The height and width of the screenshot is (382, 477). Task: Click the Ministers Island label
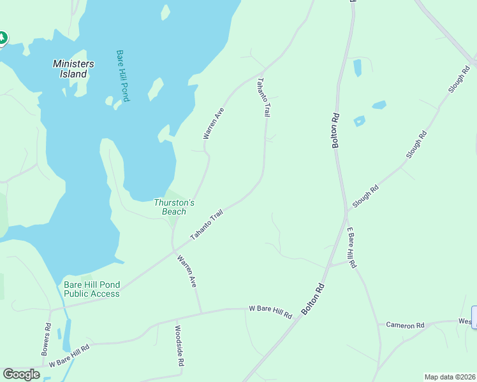[73, 69]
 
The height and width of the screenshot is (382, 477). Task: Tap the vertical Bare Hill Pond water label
[123, 76]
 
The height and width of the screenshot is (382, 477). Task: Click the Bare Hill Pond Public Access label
[91, 289]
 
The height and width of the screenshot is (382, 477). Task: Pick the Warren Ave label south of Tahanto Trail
[187, 271]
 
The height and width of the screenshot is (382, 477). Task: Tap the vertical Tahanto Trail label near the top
[263, 97]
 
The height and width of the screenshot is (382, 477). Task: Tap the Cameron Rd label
[405, 325]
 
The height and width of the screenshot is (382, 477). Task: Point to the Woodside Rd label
[179, 346]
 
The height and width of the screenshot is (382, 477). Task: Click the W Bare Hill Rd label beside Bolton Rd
[270, 311]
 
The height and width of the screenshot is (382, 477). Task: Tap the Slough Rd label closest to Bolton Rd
[365, 196]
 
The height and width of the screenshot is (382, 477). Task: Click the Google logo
[21, 374]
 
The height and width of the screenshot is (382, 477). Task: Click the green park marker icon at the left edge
[2, 38]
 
